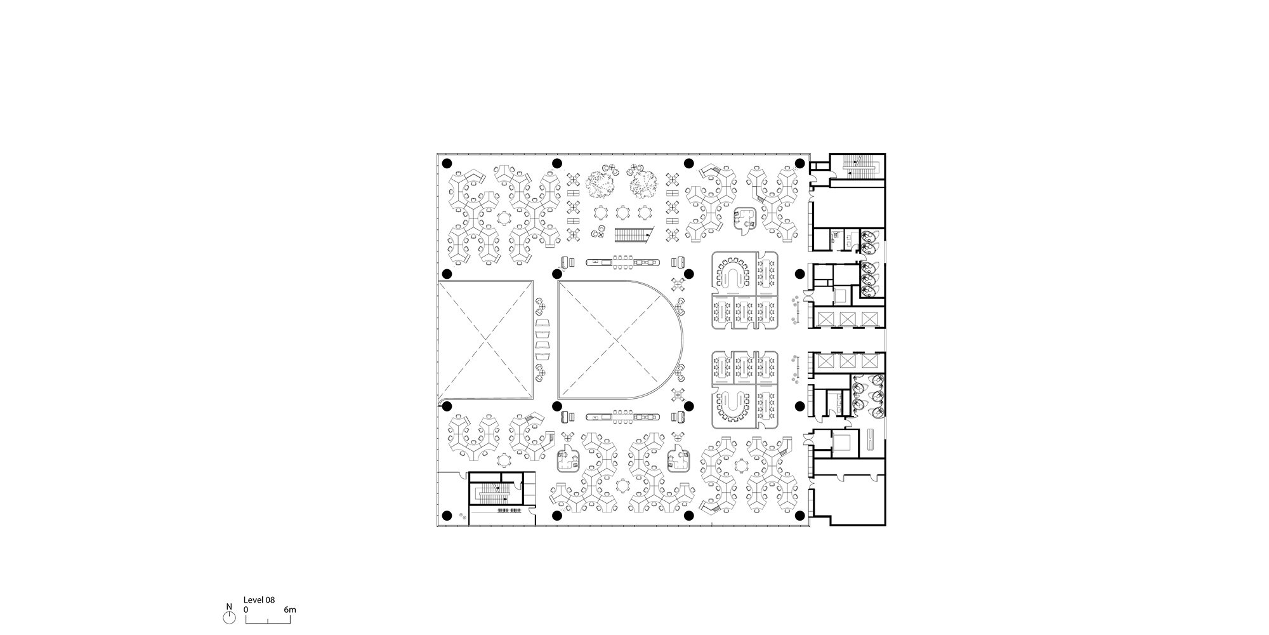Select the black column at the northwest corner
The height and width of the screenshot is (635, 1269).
coord(447,163)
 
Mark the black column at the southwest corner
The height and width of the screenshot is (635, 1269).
coord(447,516)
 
